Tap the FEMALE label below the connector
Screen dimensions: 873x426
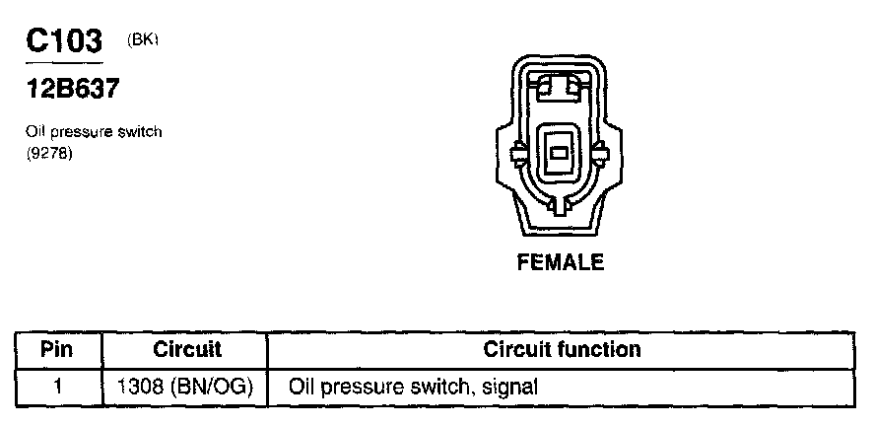559,263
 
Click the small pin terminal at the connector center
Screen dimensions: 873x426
558,154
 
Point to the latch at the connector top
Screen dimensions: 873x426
558,89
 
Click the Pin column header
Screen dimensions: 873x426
57,350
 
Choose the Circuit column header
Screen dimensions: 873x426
187,350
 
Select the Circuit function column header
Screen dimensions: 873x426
562,350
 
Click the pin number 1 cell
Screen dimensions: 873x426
57,388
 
